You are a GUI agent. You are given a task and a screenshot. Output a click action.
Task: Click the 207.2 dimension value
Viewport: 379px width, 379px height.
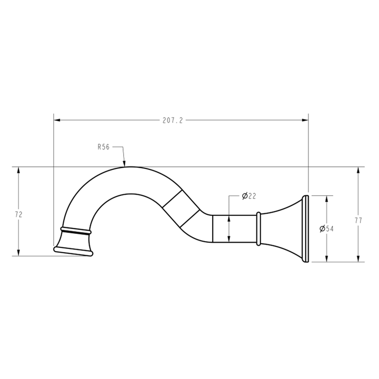point(172,120)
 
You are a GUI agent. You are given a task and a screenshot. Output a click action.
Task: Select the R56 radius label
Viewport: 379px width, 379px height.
point(103,147)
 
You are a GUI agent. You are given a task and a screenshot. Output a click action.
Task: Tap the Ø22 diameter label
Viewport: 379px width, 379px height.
point(249,196)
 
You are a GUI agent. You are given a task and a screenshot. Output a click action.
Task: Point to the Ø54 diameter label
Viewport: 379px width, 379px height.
point(327,229)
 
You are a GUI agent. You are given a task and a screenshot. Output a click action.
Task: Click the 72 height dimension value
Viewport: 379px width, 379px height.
point(19,214)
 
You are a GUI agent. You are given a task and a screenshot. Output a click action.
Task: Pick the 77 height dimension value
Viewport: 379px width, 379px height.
point(358,221)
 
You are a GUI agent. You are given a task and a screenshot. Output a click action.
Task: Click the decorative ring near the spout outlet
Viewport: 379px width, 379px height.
point(76,231)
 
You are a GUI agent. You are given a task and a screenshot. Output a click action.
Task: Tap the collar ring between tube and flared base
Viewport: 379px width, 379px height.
point(258,228)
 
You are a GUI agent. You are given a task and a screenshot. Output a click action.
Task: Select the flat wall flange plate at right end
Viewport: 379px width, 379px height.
point(305,228)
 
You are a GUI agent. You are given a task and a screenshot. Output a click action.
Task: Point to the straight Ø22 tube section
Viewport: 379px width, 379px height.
point(234,228)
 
